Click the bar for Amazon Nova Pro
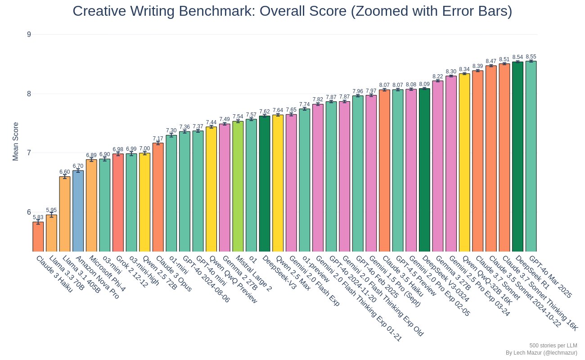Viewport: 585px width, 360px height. (78, 211)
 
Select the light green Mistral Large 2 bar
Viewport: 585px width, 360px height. (238, 186)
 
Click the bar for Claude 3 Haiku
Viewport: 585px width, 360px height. (38, 237)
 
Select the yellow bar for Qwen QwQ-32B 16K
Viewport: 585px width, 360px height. (464, 162)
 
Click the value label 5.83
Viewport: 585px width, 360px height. (38, 217)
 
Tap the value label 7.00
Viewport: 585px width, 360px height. (144, 148)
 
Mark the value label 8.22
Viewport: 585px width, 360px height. (438, 76)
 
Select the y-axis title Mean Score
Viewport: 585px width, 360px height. (16, 141)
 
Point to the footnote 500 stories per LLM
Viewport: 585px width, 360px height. (553, 345)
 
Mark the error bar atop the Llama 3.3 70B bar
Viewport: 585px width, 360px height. (51, 215)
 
